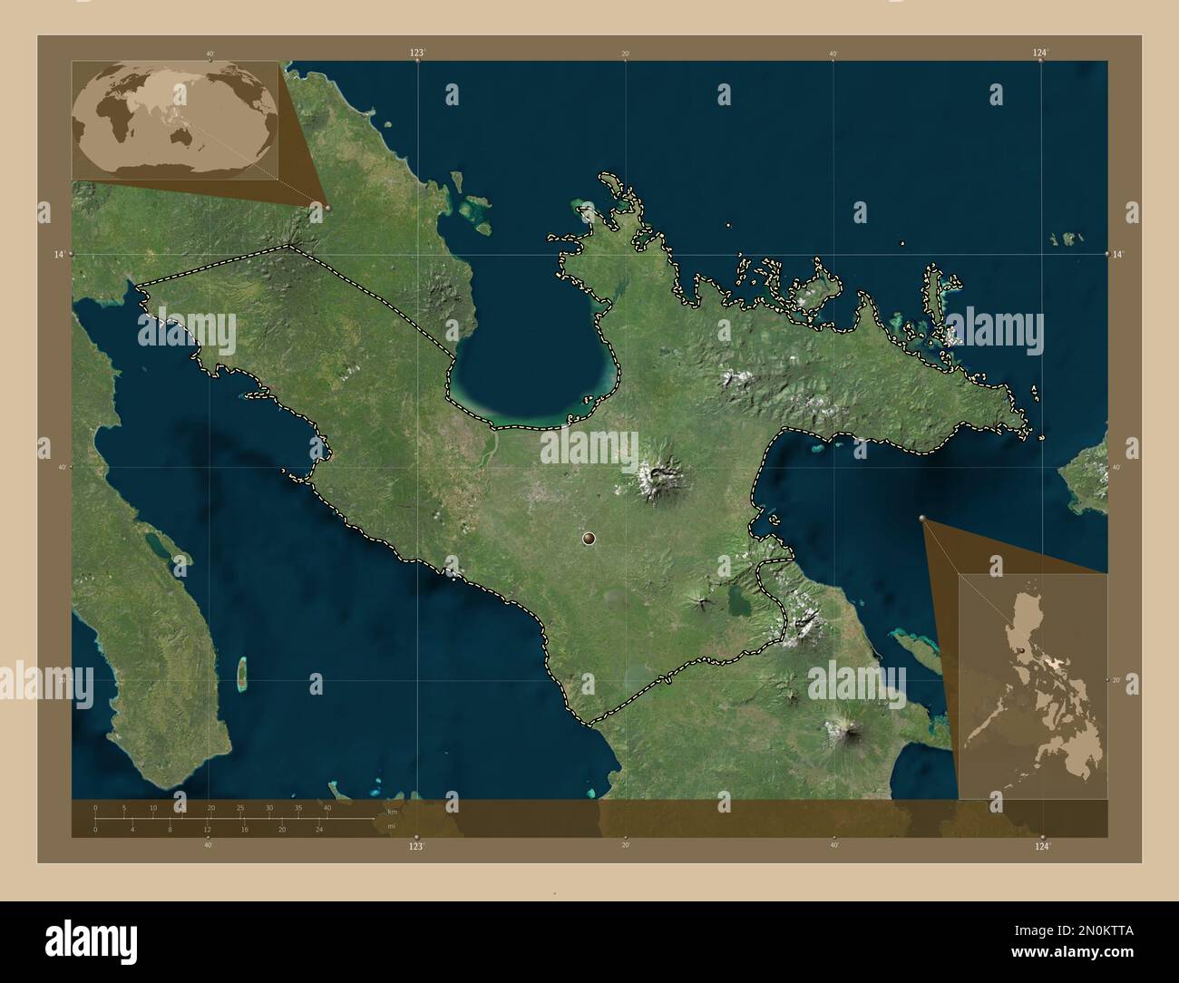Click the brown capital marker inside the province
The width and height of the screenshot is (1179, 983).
pyautogui.click(x=589, y=539)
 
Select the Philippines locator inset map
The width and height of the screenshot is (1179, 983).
pyautogui.click(x=1033, y=686)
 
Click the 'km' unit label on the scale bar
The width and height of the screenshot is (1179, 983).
pyautogui.click(x=392, y=811)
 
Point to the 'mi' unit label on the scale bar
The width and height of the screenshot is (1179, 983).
pyautogui.click(x=391, y=826)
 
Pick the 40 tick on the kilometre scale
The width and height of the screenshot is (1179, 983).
pyautogui.click(x=327, y=807)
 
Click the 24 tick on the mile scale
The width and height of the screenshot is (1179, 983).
pyautogui.click(x=319, y=829)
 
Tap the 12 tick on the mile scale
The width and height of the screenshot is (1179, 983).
pyautogui.click(x=207, y=829)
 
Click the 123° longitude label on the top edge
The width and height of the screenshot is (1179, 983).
pyautogui.click(x=416, y=54)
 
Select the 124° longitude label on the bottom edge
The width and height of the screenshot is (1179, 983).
pyautogui.click(x=1042, y=845)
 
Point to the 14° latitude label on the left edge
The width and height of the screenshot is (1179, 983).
pyautogui.click(x=59, y=255)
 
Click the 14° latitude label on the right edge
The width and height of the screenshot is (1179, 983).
pyautogui.click(x=1120, y=255)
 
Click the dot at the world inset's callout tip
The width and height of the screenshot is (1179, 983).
pyautogui.click(x=327, y=208)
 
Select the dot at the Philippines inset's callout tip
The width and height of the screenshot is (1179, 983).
pyautogui.click(x=923, y=519)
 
